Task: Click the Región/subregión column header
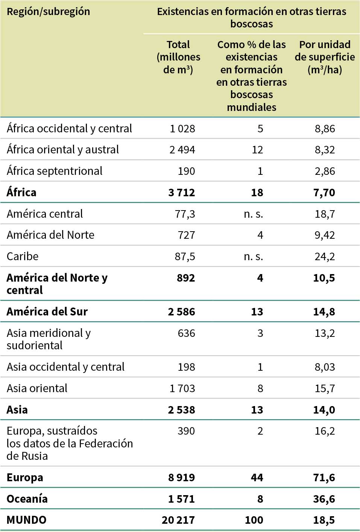click(x=48, y=12)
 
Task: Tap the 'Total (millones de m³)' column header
click(x=178, y=57)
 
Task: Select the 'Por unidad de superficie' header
click(x=325, y=57)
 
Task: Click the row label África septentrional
click(x=55, y=171)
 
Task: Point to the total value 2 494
click(x=182, y=150)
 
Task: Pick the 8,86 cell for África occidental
click(x=325, y=129)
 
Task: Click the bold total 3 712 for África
click(x=181, y=192)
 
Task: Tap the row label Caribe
click(x=23, y=256)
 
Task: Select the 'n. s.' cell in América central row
click(x=253, y=214)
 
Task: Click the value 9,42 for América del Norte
click(x=325, y=235)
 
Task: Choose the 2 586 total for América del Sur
click(x=181, y=312)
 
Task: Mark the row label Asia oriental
click(x=37, y=388)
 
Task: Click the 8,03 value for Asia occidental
click(x=325, y=367)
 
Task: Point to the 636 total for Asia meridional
click(x=186, y=333)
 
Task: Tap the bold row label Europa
click(x=25, y=477)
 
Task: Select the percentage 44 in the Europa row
click(x=257, y=477)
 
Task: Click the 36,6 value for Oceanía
click(x=324, y=499)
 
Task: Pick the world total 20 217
click(x=178, y=520)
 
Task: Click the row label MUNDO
click(x=26, y=520)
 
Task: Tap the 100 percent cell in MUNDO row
click(x=254, y=520)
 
